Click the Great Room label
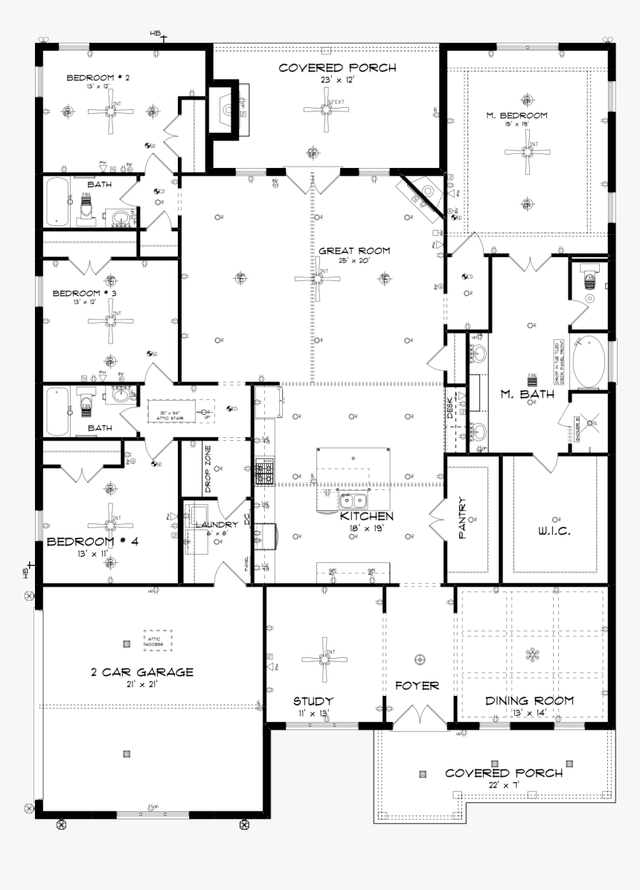[354, 251]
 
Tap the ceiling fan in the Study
[325, 658]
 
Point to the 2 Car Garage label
[141, 672]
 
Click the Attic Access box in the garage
[157, 639]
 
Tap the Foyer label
[417, 686]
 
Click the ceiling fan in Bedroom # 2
[111, 112]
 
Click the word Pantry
[462, 518]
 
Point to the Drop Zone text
[208, 468]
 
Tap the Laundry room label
[216, 525]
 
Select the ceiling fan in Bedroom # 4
[111, 519]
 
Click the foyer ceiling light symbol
[419, 659]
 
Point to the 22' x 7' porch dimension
[504, 785]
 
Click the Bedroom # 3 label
[85, 293]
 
